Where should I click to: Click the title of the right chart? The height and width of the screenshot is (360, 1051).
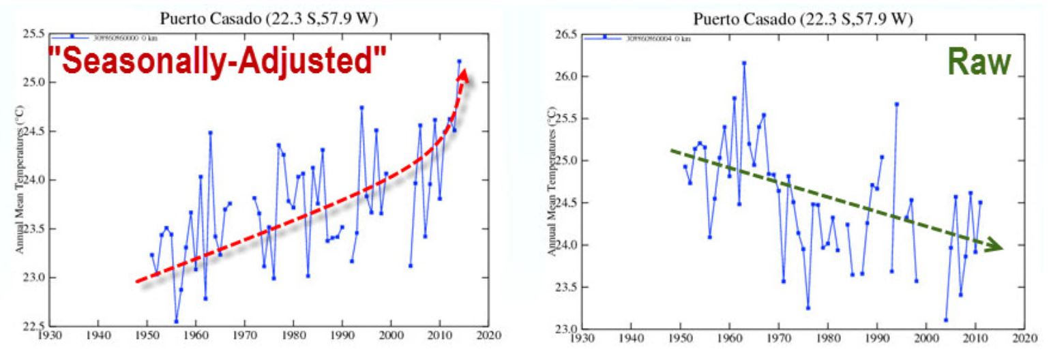(803, 18)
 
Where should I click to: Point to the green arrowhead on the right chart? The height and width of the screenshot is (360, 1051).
(995, 247)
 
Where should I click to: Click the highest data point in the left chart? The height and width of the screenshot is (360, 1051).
(459, 61)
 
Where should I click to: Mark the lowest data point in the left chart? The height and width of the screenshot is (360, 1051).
(176, 321)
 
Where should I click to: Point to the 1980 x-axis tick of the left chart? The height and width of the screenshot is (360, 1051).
(293, 336)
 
